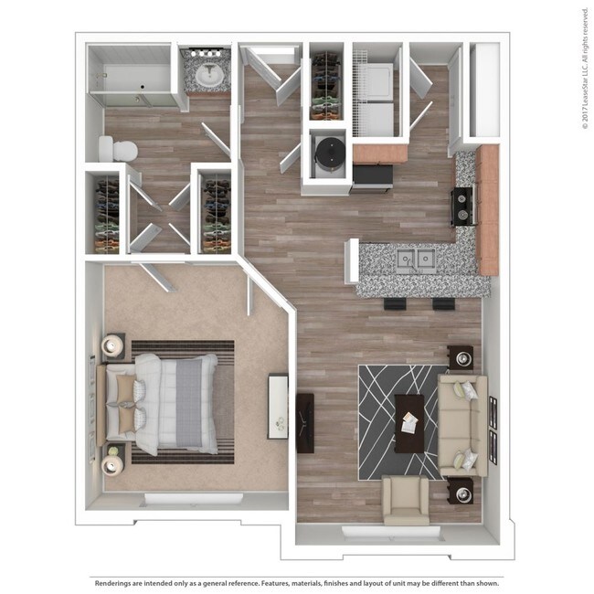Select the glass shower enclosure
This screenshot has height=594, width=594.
click(128, 76)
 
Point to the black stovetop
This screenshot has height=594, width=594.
click(463, 207)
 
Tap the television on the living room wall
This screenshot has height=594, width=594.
click(305, 422)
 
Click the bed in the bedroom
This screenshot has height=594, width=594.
click(164, 402)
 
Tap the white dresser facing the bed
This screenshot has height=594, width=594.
click(278, 403)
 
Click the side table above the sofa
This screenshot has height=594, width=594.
click(461, 355)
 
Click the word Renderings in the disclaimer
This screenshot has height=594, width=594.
click(118, 581)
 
